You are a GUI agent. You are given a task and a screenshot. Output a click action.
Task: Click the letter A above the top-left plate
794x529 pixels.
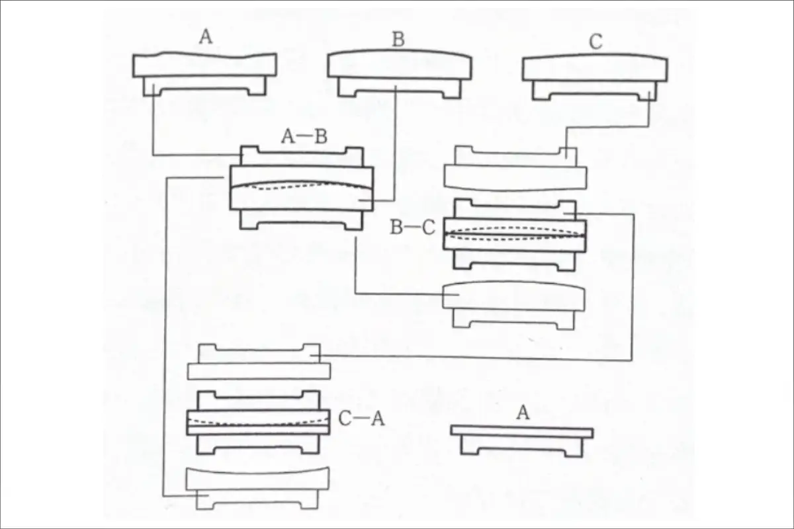coord(206,37)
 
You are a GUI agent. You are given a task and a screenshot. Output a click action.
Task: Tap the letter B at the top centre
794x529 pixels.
coord(398,39)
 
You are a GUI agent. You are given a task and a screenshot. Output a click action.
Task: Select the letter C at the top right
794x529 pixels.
coord(596,42)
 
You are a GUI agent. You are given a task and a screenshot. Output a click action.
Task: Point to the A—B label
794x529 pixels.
coord(304,136)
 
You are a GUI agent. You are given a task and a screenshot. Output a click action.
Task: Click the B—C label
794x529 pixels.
coord(413,227)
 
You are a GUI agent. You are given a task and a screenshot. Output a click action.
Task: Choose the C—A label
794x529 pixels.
coord(361,419)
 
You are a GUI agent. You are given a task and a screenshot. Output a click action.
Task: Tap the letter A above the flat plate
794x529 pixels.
coord(523,413)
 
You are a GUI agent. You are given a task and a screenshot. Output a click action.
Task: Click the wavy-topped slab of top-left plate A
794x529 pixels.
coord(205,65)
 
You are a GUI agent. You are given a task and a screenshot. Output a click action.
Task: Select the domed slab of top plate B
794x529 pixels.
coord(400,65)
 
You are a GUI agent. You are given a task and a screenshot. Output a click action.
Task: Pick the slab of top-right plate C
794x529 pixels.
coord(595,67)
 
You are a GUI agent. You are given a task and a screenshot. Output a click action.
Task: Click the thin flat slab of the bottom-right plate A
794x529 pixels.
coord(522,432)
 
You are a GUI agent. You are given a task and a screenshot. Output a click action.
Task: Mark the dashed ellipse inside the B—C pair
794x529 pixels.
coord(515,234)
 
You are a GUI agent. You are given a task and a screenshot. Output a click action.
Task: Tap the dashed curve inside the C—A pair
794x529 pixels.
coord(258,422)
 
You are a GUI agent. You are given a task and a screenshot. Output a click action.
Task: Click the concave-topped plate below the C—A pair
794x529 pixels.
coord(257,488)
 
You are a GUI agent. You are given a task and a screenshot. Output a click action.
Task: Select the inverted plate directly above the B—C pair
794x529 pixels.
coord(515,169)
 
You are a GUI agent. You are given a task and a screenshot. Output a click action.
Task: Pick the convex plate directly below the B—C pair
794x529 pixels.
coord(513,305)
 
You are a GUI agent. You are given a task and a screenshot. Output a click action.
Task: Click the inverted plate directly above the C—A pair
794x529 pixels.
coord(259,362)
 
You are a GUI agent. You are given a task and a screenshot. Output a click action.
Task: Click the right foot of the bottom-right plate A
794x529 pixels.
coord(574,447)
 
